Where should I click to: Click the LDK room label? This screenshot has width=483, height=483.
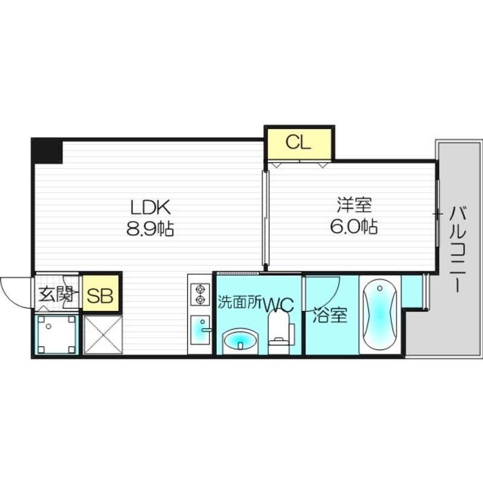coord(152,208)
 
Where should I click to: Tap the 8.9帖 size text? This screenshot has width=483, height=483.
coord(152,229)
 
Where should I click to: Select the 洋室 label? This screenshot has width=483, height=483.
coord(353,205)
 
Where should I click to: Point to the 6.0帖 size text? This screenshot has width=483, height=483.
coord(353,227)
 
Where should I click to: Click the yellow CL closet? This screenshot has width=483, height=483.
coord(298,143)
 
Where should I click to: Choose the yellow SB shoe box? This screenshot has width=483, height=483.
coord(101,296)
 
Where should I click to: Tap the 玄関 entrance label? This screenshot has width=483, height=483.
coord(56,295)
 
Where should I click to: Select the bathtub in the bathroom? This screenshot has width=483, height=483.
coord(379,315)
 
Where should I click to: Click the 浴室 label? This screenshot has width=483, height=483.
coord(330,316)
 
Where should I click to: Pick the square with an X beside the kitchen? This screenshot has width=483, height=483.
coord(102,335)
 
